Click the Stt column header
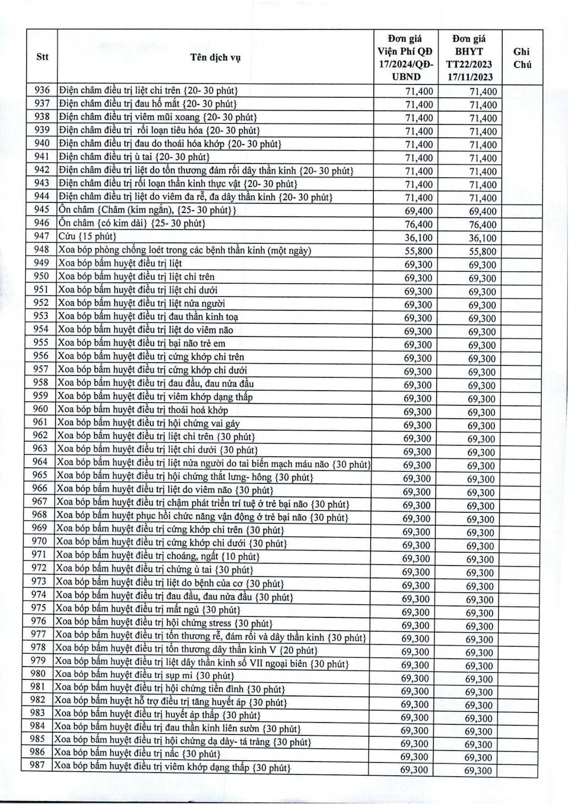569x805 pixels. (42, 57)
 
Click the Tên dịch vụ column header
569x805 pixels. (215, 57)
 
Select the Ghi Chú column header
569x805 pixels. (522, 58)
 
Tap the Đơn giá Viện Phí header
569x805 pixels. (406, 58)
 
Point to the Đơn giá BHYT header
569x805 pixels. (470, 58)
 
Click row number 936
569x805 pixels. (42, 90)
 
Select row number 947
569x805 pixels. (41, 236)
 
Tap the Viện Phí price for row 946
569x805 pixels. (419, 224)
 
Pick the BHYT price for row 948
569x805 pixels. (482, 252)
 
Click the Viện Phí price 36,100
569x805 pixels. (419, 237)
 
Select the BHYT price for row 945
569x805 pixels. (482, 211)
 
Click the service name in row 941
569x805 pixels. (134, 157)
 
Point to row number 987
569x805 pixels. (37, 765)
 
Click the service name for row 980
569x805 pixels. (144, 675)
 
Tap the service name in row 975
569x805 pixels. (148, 609)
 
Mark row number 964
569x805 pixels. (40, 462)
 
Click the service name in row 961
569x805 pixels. (148, 423)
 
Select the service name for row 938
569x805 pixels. (158, 117)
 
